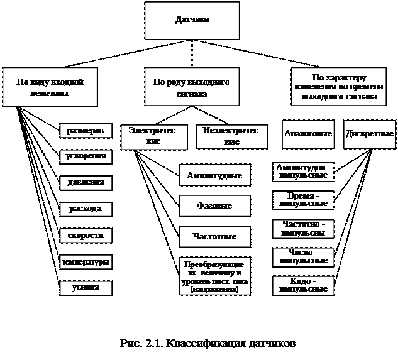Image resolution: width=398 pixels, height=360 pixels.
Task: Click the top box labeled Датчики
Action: click(192, 21)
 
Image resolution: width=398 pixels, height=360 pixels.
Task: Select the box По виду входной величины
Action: click(50, 87)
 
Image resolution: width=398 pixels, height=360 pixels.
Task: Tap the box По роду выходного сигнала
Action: click(192, 87)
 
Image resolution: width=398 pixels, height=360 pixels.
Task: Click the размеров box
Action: click(86, 131)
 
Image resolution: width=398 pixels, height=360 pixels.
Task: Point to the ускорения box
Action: click(86, 156)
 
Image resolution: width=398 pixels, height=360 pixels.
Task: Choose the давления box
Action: click(86, 182)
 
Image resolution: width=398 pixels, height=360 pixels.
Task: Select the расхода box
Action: click(86, 208)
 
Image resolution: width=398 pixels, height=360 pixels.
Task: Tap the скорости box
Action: click(86, 235)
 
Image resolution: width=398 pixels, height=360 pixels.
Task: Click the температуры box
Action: click(86, 261)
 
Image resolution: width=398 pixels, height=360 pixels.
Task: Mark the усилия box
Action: click(86, 287)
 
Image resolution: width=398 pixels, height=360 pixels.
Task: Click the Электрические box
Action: click(153, 136)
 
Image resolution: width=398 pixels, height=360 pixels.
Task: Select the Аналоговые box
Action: click(308, 134)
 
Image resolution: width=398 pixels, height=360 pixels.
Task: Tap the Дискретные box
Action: click(370, 134)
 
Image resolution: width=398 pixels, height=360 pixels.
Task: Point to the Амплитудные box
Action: click(214, 175)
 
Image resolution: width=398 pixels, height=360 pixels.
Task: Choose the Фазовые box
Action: click(214, 205)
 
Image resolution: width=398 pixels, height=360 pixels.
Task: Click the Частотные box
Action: click(214, 236)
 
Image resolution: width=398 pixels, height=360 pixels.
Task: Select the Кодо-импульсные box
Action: click(304, 285)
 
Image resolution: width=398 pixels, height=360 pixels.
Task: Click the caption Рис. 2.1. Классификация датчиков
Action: click(207, 345)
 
